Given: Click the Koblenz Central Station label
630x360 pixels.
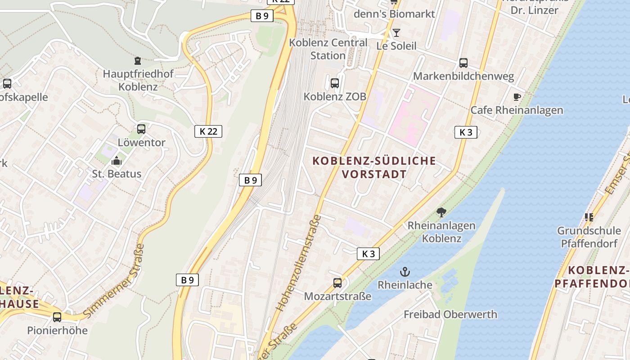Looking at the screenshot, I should [328, 49].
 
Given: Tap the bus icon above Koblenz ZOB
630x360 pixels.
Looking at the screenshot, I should [335, 83].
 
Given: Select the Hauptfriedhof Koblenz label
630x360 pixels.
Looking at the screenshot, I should [138, 80].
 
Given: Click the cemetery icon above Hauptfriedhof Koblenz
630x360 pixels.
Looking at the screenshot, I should [138, 61].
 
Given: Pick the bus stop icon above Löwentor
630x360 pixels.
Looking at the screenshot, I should [141, 129].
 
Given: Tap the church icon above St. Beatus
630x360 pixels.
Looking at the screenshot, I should [117, 160].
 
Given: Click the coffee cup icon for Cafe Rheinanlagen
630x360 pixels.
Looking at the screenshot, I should [517, 97].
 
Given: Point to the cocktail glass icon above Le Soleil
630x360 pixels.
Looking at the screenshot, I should [396, 32].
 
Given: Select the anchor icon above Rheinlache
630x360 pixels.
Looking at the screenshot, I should [405, 271].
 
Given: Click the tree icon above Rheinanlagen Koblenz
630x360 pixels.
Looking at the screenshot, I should [441, 212].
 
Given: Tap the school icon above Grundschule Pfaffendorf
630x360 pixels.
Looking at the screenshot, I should [589, 217].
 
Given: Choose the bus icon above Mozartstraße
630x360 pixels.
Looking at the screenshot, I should [337, 283].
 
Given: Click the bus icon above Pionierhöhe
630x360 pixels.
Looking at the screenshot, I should [57, 317].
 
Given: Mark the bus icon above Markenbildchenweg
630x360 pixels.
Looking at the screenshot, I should [463, 63].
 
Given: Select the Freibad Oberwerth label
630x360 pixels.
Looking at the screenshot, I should [450, 314].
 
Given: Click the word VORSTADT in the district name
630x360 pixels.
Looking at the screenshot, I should [374, 174].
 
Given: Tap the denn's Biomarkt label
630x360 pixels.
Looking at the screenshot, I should [394, 13].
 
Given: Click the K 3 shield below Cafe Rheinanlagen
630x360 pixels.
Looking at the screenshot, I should [466, 132].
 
